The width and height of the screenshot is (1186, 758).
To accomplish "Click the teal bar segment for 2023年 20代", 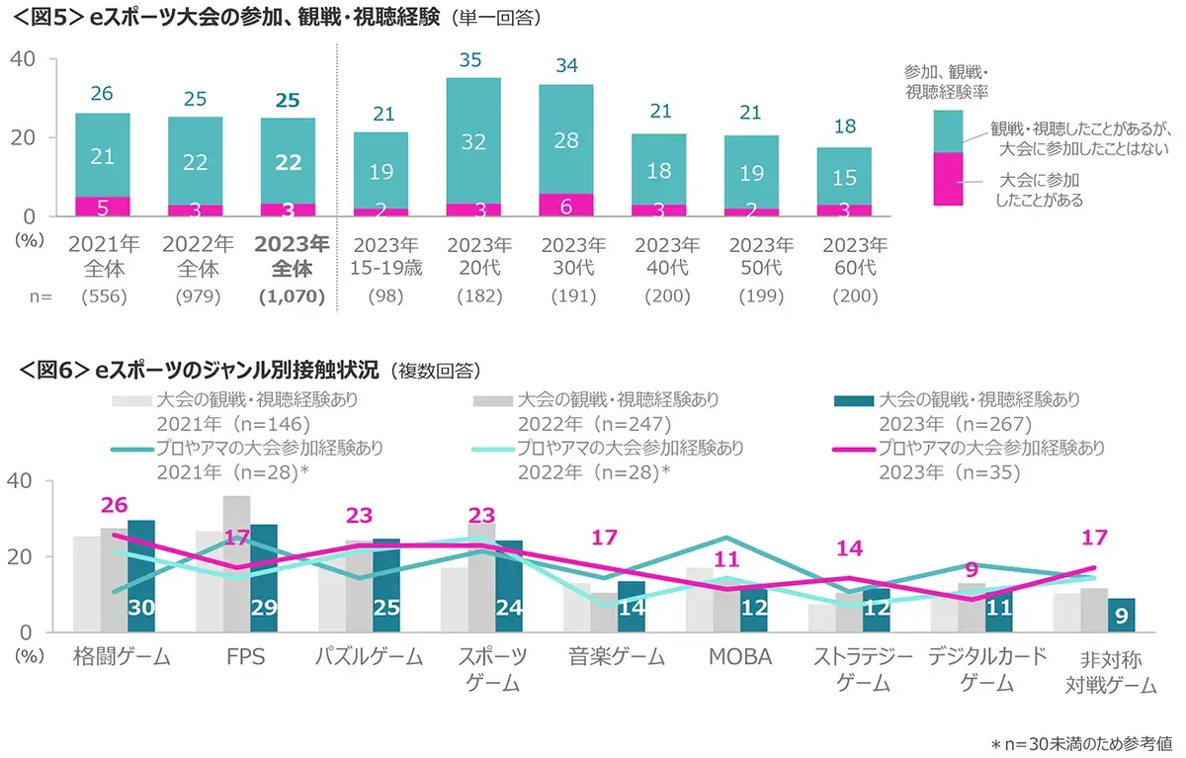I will pos(474,140).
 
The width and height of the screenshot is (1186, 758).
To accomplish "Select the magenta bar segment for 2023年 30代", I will pos(565,205).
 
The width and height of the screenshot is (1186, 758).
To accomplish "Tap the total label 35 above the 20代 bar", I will pos(472,60).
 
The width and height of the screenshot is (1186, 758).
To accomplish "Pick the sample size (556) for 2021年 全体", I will pos(102,295).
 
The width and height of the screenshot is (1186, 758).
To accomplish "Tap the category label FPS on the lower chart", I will pos(245,657).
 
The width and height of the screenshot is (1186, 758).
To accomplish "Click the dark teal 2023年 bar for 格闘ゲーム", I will pos(141,575).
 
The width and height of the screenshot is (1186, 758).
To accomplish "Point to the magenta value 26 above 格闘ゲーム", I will pos(115,505).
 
